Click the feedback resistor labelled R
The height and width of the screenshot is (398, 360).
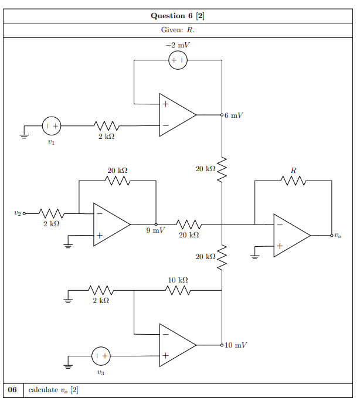point(293,181)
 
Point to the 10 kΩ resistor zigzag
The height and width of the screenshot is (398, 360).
point(178,290)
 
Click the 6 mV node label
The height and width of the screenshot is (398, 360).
point(233,115)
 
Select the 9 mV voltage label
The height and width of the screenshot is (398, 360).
point(155,230)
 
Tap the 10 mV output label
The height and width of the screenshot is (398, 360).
point(236,345)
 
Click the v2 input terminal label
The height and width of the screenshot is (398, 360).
point(18,213)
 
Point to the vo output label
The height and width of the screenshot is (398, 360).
point(338,236)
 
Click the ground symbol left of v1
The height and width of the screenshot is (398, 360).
point(24,137)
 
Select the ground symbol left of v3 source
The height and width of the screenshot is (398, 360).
point(68,366)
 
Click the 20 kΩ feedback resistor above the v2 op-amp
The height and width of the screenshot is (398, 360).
point(117,181)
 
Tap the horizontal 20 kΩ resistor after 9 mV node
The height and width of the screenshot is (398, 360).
point(189,224)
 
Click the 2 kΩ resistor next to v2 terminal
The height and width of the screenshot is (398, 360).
point(52,213)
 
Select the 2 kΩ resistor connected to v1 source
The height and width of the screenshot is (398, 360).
point(106,126)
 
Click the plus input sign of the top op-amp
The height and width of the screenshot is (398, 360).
point(165,104)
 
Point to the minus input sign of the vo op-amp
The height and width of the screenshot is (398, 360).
point(280,224)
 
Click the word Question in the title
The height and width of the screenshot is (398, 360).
point(168,16)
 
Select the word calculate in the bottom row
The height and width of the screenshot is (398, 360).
point(43,390)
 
